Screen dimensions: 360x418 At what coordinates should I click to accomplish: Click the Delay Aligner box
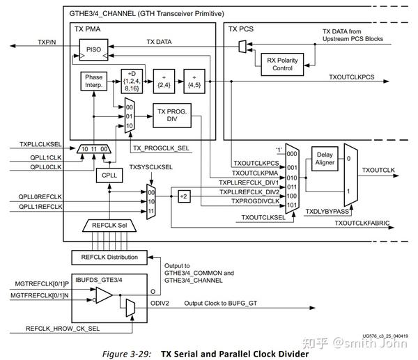[x=325, y=159]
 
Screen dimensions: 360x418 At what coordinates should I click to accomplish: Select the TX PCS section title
[x=241, y=29]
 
